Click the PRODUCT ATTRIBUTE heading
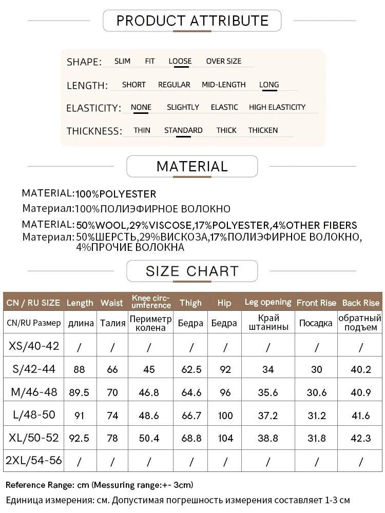pyautogui.click(x=192, y=21)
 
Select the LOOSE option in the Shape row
pyautogui.click(x=180, y=61)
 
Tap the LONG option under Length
pyautogui.click(x=269, y=85)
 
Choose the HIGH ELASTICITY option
pyautogui.click(x=277, y=107)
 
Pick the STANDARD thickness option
pyautogui.click(x=183, y=130)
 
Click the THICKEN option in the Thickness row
pyautogui.click(x=263, y=130)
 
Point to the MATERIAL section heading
pyautogui.click(x=192, y=167)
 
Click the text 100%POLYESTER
pyautogui.click(x=116, y=194)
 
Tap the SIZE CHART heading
pyautogui.click(x=192, y=271)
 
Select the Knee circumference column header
pyautogui.click(x=151, y=302)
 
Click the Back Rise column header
pyautogui.click(x=361, y=303)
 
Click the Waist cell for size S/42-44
pyautogui.click(x=112, y=369)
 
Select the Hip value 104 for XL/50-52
pyautogui.click(x=225, y=438)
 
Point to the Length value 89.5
pyautogui.click(x=79, y=392)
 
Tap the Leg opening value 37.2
pyautogui.click(x=268, y=415)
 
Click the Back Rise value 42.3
pyautogui.click(x=360, y=438)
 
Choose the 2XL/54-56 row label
pyautogui.click(x=34, y=461)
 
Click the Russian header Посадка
pyautogui.click(x=315, y=323)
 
